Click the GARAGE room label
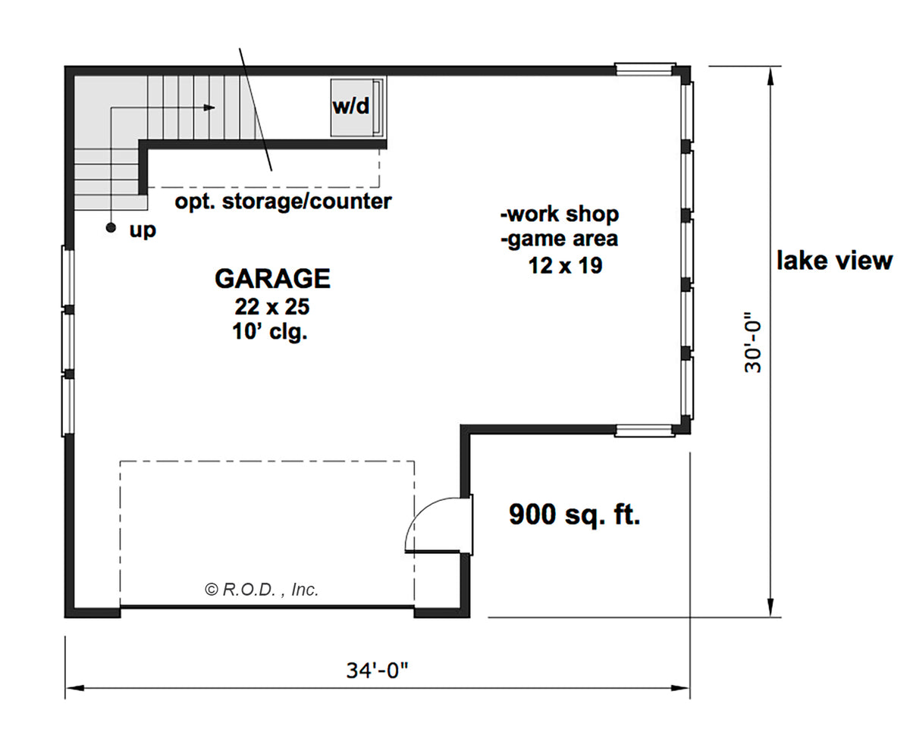pyautogui.click(x=272, y=279)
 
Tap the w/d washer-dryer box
pyautogui.click(x=357, y=108)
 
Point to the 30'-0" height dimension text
pyautogui.click(x=752, y=343)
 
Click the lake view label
pyautogui.click(x=834, y=261)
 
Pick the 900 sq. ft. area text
pyautogui.click(x=574, y=515)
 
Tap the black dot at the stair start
pyautogui.click(x=111, y=228)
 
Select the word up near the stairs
pyautogui.click(x=143, y=231)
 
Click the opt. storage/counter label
pyautogui.click(x=284, y=202)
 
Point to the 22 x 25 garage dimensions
pyautogui.click(x=272, y=307)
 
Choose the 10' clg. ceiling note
pyautogui.click(x=269, y=332)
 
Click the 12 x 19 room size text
pyautogui.click(x=565, y=266)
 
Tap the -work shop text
pyautogui.click(x=560, y=214)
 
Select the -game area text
pyautogui.click(x=559, y=239)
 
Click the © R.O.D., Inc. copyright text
pyautogui.click(x=262, y=590)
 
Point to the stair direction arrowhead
pyautogui.click(x=209, y=108)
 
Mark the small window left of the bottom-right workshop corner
pyautogui.click(x=644, y=430)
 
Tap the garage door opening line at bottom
pyautogui.click(x=267, y=607)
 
